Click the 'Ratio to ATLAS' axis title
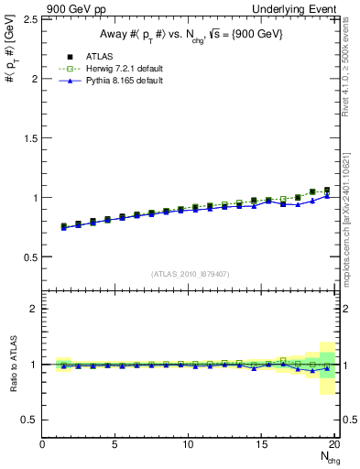click(x=12, y=365)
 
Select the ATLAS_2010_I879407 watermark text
click(x=190, y=274)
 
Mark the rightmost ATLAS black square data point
click(x=327, y=191)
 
